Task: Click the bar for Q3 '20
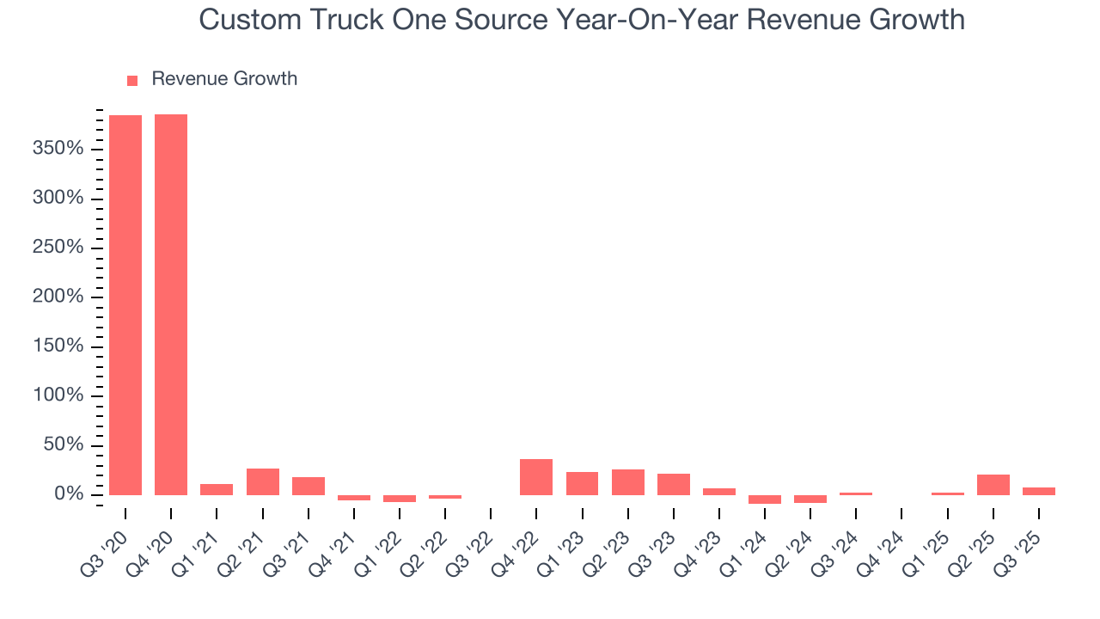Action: pos(125,304)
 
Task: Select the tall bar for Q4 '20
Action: pos(171,304)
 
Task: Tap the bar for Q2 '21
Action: pos(262,481)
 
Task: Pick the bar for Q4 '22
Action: pos(536,477)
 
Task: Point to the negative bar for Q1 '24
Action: pos(765,499)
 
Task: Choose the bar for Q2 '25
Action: pos(993,485)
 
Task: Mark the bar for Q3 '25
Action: pos(1038,491)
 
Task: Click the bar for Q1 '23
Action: pos(582,483)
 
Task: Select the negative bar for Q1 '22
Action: pos(400,499)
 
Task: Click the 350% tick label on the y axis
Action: pos(58,150)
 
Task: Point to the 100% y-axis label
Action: pos(58,396)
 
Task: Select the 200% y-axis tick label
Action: pos(58,297)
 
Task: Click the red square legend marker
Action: pos(132,80)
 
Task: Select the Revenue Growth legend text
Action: pos(224,79)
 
